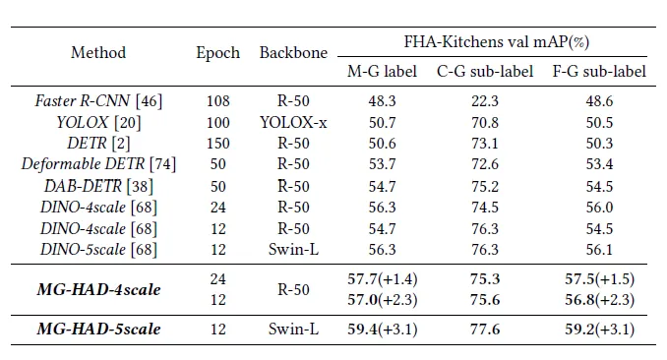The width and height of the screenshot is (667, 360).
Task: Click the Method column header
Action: (98, 53)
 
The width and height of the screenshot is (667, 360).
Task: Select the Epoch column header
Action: (217, 53)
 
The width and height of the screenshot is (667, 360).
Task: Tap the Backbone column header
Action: (293, 53)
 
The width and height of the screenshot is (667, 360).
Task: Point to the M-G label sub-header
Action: (382, 72)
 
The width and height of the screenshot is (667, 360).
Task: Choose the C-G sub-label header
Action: (485, 72)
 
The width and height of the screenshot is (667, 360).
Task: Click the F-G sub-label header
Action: (599, 72)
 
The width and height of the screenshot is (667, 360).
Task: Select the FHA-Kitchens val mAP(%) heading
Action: (497, 42)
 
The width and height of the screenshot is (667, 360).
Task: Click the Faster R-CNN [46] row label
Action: (98, 101)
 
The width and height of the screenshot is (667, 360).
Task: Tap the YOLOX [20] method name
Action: (98, 123)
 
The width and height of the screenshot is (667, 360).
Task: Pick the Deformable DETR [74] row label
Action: (98, 164)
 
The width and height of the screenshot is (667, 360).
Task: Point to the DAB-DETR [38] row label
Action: (98, 186)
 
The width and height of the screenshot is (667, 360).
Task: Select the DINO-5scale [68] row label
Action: (98, 250)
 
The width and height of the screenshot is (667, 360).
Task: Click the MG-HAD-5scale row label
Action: (98, 329)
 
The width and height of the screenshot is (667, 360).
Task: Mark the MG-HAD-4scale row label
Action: (98, 290)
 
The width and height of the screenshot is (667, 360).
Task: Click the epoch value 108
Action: (217, 101)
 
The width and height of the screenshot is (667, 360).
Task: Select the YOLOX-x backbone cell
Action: (293, 123)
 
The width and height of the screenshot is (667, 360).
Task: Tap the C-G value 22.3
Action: (485, 101)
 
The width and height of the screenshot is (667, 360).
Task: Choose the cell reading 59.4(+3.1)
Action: (382, 330)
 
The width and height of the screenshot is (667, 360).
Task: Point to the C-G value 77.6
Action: (485, 330)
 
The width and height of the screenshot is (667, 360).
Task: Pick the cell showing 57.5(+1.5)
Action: (599, 279)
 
